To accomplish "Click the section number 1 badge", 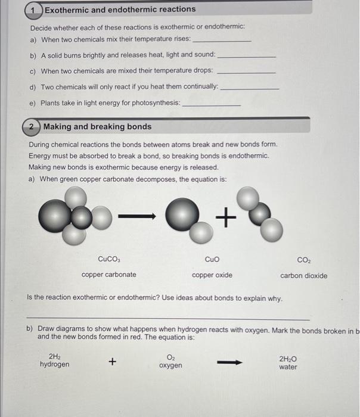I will click(x=35, y=10).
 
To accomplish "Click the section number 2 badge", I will click(x=33, y=127).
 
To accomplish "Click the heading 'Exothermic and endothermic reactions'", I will click(x=120, y=10).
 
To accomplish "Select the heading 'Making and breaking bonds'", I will click(x=97, y=127).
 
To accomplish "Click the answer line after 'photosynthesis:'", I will click(x=211, y=105).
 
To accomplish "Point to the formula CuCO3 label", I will click(x=109, y=259).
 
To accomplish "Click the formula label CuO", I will click(x=212, y=259).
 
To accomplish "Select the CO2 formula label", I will click(x=303, y=260).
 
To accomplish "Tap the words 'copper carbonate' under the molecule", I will click(x=108, y=275).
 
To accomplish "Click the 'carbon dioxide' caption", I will click(x=303, y=275).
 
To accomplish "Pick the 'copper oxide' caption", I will click(x=212, y=275).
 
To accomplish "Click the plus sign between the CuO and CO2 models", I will click(x=226, y=219).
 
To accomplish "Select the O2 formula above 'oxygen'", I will click(x=170, y=357).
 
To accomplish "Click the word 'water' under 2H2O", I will click(x=288, y=367).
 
